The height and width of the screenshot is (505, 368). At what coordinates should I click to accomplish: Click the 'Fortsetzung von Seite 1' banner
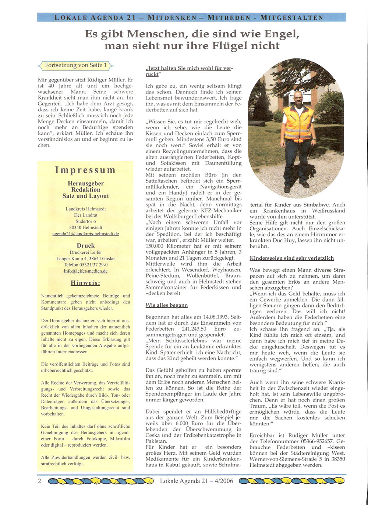click(x=75, y=65)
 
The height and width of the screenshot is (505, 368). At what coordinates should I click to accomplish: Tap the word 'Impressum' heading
click(x=85, y=170)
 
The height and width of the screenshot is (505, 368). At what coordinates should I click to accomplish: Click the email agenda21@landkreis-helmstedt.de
click(x=85, y=234)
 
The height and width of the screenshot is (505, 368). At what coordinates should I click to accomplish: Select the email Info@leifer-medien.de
click(x=85, y=271)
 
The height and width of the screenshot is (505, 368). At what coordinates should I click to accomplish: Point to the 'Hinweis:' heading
click(x=85, y=283)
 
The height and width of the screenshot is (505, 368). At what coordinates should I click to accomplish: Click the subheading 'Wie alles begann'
click(x=167, y=305)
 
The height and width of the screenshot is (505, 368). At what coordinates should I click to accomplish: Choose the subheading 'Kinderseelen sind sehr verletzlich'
click(x=292, y=258)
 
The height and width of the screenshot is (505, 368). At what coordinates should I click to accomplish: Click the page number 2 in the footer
click(x=39, y=481)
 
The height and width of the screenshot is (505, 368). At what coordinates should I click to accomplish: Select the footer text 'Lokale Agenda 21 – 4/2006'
click(x=197, y=481)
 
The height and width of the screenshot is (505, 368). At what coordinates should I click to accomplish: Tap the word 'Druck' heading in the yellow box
click(x=85, y=245)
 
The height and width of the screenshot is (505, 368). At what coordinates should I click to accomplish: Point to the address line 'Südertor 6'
click(x=85, y=221)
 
